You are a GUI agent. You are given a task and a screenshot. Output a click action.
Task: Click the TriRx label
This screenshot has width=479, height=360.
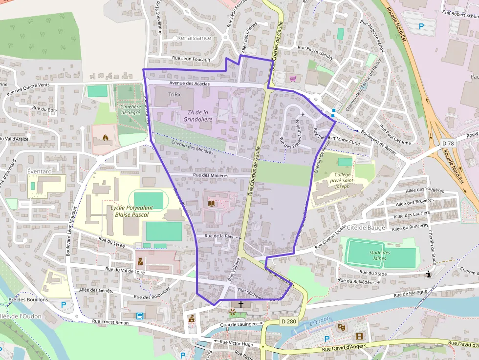[174, 94]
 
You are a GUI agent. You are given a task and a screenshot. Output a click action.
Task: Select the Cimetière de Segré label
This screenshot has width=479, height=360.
[131, 109]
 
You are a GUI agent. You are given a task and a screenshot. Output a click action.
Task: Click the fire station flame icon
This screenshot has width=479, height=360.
[104, 138]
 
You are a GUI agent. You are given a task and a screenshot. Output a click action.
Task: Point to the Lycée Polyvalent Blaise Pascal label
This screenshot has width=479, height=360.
[131, 211]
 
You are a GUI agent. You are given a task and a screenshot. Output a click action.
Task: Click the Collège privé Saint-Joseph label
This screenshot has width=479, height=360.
[343, 180]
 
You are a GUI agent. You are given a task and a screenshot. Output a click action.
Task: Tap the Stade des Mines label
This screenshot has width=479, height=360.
[380, 255]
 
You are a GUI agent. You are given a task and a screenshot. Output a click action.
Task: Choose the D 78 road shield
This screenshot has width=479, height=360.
[448, 143]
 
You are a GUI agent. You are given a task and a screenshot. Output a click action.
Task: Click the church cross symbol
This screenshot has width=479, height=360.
[240, 304]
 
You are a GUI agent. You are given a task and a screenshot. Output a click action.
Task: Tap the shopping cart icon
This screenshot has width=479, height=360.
[293, 78]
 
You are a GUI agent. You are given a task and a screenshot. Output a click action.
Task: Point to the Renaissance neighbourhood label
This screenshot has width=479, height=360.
[194, 38]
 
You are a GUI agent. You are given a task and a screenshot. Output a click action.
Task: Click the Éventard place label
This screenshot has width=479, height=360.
[40, 172]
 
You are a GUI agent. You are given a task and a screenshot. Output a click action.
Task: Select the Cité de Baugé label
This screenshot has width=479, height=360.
[366, 228]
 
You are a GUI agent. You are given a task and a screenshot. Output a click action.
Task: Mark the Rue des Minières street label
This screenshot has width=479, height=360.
[211, 175]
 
